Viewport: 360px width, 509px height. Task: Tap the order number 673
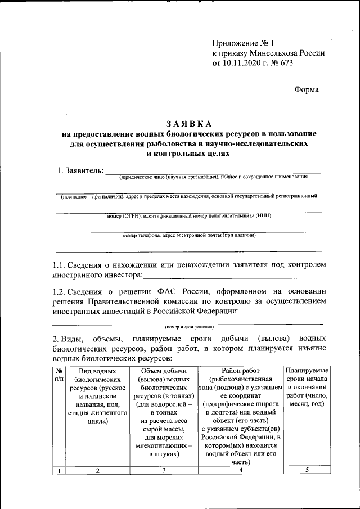coord(286,63)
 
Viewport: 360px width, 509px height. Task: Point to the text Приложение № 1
coord(242,43)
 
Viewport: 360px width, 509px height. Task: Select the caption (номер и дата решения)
coord(189,327)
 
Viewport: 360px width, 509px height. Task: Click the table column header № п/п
coord(58,375)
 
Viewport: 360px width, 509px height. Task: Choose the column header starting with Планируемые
coord(307,388)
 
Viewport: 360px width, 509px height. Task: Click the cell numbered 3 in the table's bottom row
coord(163,471)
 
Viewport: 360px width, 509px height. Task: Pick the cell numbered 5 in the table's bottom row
coord(307,471)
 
